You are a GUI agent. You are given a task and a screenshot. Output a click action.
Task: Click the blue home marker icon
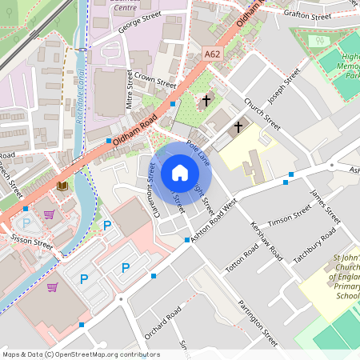tap(179, 173)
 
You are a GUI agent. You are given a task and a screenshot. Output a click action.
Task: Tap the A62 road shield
tap(212, 54)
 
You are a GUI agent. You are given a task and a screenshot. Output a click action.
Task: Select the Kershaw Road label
tap(267, 241)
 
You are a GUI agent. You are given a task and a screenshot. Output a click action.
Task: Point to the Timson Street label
tap(290, 216)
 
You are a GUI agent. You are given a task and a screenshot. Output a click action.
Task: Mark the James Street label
tap(325, 204)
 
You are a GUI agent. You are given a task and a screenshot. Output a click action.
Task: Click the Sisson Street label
tap(31, 242)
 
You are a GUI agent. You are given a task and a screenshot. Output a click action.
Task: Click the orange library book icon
tap(62, 186)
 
